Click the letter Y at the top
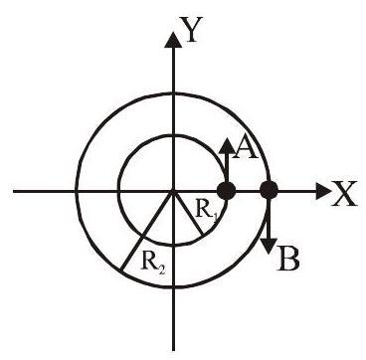pos(191,31)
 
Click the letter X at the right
pos(344,194)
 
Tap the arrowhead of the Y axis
pos(173,39)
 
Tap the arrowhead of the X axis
pos(323,191)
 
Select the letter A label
pos(246,147)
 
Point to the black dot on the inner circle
pos(226,191)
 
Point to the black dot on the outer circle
pos(269,191)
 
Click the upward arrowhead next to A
pos(227,146)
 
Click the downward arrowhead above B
pos(269,247)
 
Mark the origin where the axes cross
pos(173,191)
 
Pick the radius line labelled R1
pos(188,213)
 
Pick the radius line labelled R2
pos(147,231)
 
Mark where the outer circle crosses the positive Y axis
pos(173,94)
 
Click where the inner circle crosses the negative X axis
pos(119,191)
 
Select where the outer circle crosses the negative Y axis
pos(173,287)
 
